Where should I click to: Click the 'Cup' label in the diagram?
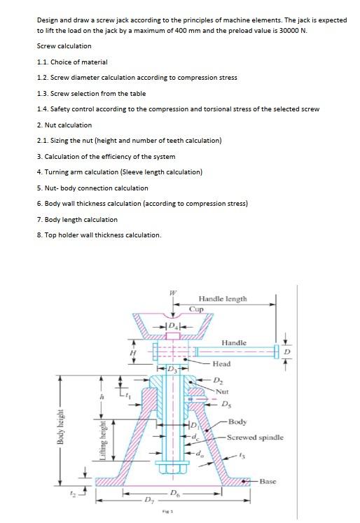[196, 307]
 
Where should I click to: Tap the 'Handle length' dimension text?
[223, 298]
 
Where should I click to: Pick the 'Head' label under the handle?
[221, 364]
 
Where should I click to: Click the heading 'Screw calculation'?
[64, 46]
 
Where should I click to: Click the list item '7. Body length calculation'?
[77, 219]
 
